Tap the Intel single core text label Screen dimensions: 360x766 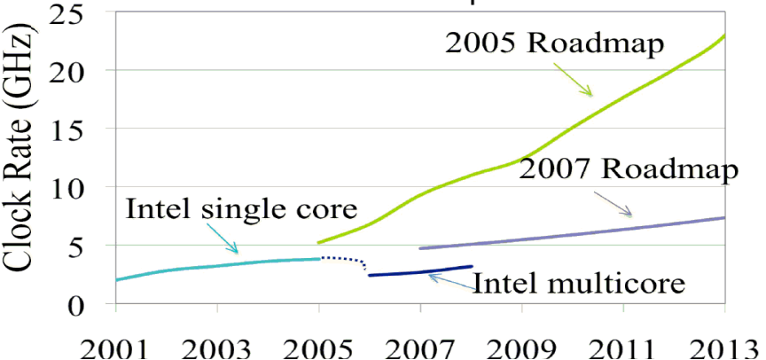pos(242,210)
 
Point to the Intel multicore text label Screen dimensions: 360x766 pos(580,284)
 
